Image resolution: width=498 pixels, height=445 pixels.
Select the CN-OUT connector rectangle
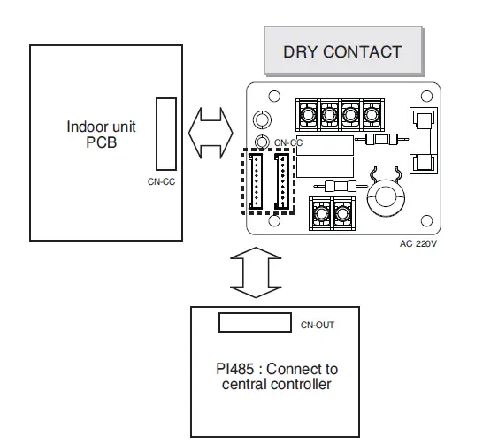[x=255, y=321]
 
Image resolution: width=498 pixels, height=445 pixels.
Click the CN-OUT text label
[x=317, y=326]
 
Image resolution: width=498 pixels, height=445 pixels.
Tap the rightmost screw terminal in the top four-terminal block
[x=370, y=113]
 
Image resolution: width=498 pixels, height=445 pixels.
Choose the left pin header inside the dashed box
[x=257, y=181]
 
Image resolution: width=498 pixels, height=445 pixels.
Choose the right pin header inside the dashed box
[x=282, y=181]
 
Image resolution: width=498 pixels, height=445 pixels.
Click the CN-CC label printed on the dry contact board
[x=288, y=142]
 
